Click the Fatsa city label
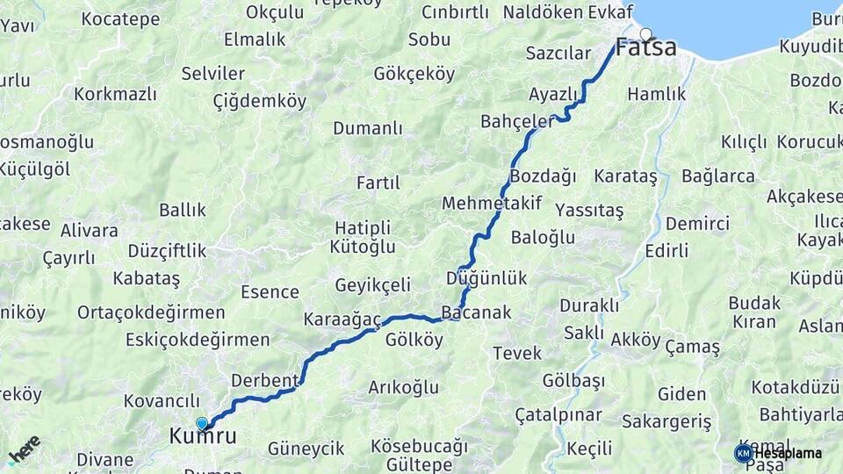pyautogui.click(x=646, y=47)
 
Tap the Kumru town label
pyautogui.click(x=203, y=435)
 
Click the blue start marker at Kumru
pyautogui.click(x=202, y=423)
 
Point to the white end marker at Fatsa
pyautogui.click(x=646, y=34)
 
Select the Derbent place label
pyautogui.click(x=265, y=380)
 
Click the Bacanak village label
pyautogui.click(x=476, y=312)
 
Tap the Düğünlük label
pyautogui.click(x=486, y=278)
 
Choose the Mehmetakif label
pyautogui.click(x=492, y=204)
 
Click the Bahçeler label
pyautogui.click(x=517, y=121)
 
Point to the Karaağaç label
pyautogui.click(x=342, y=319)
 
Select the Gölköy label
pyautogui.click(x=414, y=340)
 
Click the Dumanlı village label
pyautogui.click(x=367, y=129)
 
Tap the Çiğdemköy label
pyautogui.click(x=260, y=102)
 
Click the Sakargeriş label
pyautogui.click(x=666, y=422)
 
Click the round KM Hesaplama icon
pyautogui.click(x=743, y=453)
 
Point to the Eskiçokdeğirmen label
pyautogui.click(x=198, y=340)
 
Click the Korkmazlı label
pyautogui.click(x=115, y=94)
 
